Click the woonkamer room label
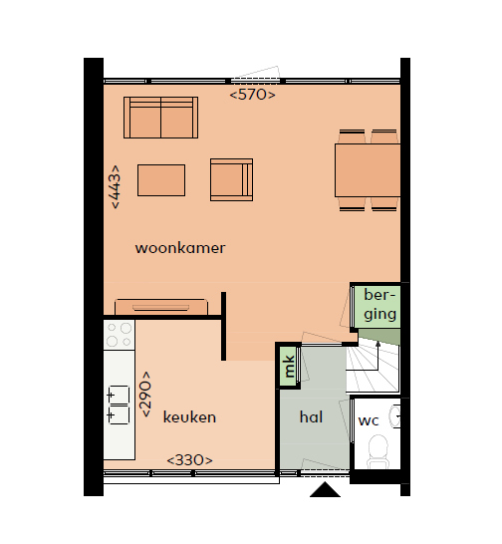point(180,248)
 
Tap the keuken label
point(189,416)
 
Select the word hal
point(311,416)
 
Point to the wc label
point(369,420)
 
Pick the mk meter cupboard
point(289,366)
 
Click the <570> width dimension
point(253,95)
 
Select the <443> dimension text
point(115,186)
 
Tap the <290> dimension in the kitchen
point(145,394)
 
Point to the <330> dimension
point(190,460)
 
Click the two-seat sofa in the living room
point(161,118)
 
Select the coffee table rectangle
point(161,180)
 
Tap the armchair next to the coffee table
point(231,179)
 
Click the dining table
point(368,170)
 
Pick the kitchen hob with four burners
point(120,335)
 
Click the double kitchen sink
point(119,405)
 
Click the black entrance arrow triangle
point(325,489)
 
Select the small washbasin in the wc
point(395,415)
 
